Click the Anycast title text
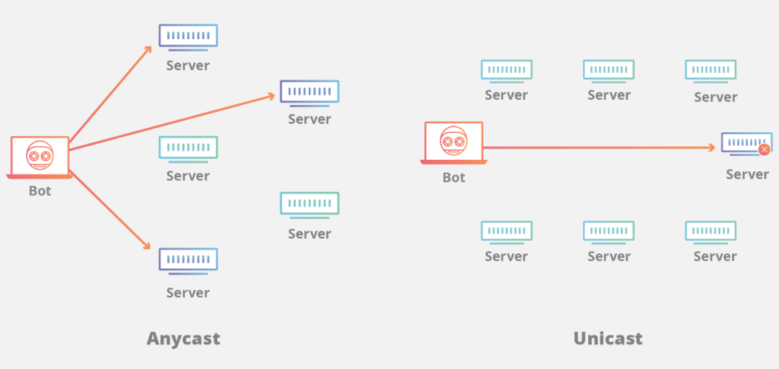tap(183, 338)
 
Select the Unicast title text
tap(608, 338)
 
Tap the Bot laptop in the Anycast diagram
tap(40, 157)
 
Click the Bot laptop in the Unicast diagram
tap(453, 143)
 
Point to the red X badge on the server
tap(764, 150)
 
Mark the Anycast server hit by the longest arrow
tap(309, 93)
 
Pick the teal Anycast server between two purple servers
tap(188, 148)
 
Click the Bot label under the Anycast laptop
tap(40, 191)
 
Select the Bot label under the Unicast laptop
tap(453, 177)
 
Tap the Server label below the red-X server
tap(747, 174)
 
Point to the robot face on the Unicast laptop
tap(453, 140)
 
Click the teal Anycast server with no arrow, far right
tap(309, 204)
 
